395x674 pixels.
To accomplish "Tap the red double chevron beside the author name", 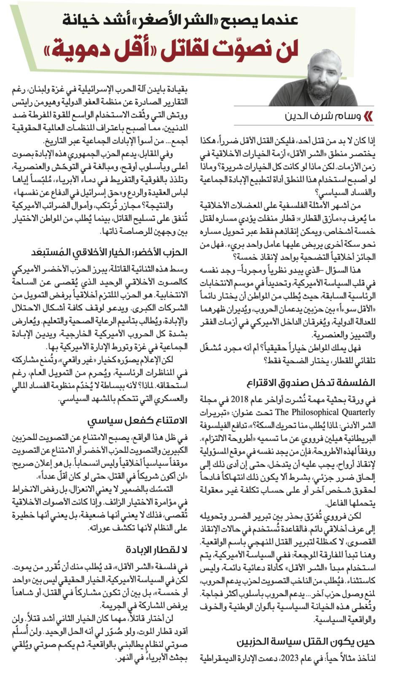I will point(368,116).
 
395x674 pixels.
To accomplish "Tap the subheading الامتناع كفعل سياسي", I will point(137,420).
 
